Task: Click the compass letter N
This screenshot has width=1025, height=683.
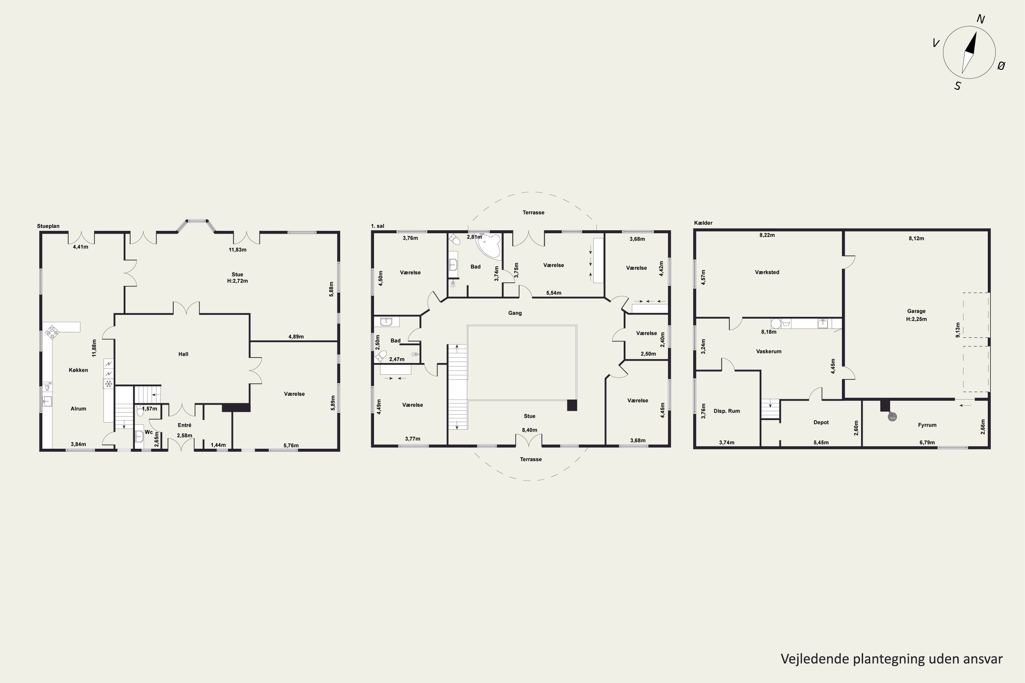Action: tap(981, 19)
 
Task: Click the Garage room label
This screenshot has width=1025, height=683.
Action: tap(916, 311)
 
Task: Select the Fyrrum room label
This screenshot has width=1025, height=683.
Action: tap(927, 425)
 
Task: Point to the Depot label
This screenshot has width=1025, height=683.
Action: tap(821, 422)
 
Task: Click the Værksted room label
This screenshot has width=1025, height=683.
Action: tap(767, 272)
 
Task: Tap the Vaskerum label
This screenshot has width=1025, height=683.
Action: tap(769, 351)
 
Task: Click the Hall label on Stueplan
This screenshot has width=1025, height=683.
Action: tap(183, 354)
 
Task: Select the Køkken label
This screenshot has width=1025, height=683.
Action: tap(79, 370)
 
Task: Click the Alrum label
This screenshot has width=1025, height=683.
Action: tap(79, 408)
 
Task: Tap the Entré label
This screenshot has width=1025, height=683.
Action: tap(184, 425)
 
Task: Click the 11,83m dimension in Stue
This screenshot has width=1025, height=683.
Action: tap(237, 250)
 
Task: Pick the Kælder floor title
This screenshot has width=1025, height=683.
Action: tap(703, 223)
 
